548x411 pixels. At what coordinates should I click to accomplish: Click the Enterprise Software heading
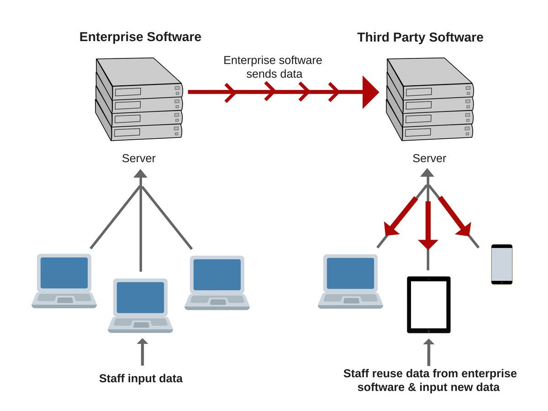click(x=140, y=37)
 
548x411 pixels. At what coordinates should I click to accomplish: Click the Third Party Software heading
click(x=420, y=37)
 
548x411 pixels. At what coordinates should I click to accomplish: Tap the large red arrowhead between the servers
click(x=370, y=92)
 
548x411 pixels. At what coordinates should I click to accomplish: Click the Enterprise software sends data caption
click(x=273, y=67)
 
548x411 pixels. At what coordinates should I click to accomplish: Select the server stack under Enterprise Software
click(x=139, y=99)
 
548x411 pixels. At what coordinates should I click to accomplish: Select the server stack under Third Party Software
click(x=429, y=99)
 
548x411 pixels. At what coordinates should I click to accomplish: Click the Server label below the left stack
click(x=139, y=158)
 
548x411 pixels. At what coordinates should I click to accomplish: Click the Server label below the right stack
click(x=429, y=158)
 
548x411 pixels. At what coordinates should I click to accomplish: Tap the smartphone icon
click(x=501, y=264)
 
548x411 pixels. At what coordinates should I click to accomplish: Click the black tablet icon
click(x=429, y=305)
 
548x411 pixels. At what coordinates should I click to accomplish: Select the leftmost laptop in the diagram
click(x=64, y=281)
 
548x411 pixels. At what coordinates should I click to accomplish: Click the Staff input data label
click(x=141, y=379)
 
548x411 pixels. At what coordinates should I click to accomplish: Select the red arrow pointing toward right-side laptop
click(x=400, y=216)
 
